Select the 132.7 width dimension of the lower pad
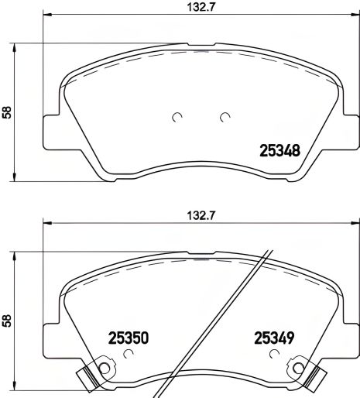(x=183, y=219)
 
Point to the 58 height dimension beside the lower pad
(x=8, y=318)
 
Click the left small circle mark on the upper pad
(x=177, y=118)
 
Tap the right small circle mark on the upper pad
(x=225, y=118)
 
